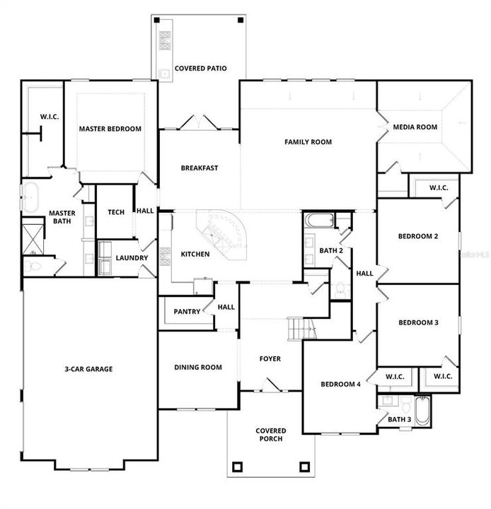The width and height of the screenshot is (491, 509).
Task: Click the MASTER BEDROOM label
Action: (x=110, y=129)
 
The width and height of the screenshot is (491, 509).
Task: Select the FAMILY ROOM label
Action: (x=308, y=142)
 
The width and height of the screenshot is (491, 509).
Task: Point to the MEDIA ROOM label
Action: (x=415, y=127)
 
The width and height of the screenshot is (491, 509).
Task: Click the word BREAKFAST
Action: (x=199, y=168)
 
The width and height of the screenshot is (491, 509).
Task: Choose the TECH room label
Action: (x=115, y=211)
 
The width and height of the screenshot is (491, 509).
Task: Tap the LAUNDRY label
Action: (x=132, y=258)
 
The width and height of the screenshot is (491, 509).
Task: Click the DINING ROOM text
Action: (x=198, y=367)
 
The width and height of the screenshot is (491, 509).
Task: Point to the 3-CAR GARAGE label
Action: (x=88, y=368)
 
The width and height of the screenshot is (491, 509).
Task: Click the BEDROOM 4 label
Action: (x=341, y=385)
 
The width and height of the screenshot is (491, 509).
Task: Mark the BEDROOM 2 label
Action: (x=417, y=236)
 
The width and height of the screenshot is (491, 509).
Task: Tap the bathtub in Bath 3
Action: (x=422, y=410)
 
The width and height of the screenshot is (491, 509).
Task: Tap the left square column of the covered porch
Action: (x=237, y=467)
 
